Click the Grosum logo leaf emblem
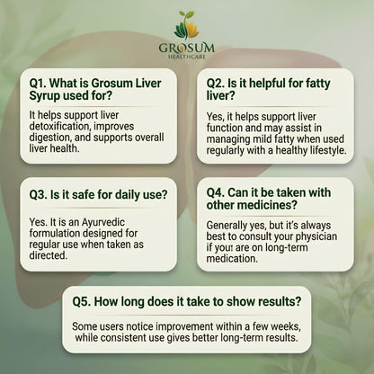point(186,25)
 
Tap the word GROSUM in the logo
point(187,48)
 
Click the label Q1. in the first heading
point(39,84)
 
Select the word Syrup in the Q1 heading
point(44,96)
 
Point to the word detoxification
point(59,126)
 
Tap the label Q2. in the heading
point(216,84)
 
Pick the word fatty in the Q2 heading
point(317,84)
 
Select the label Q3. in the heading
point(39,195)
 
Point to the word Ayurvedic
point(103,223)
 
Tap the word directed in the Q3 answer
point(48,255)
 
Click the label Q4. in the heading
point(216,192)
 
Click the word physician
point(316,236)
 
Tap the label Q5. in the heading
point(82,301)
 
